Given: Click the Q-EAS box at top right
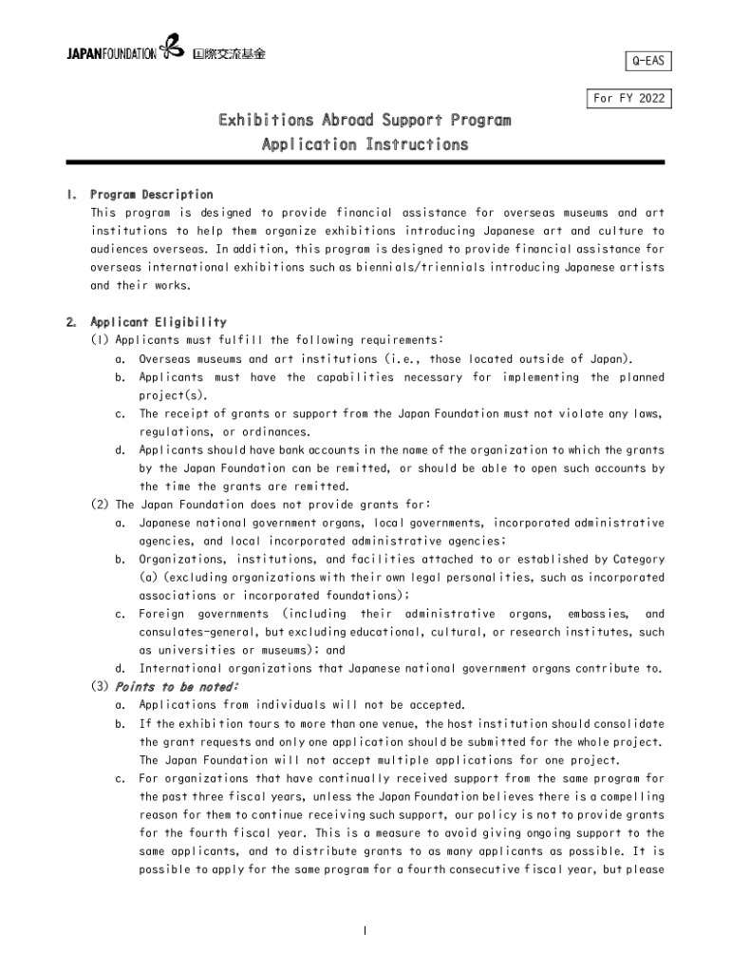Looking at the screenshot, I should [x=647, y=63].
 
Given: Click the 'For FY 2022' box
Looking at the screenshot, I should [x=628, y=99].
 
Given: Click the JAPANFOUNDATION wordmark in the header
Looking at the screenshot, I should [x=110, y=53].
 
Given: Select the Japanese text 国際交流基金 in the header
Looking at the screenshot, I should [x=229, y=53].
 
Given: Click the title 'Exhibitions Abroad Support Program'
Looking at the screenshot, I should [x=365, y=121].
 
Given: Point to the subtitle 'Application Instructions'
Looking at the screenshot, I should [x=365, y=145].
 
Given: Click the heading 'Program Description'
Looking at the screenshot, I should [x=152, y=195].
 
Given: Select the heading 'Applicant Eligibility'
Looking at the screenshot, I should [x=159, y=322].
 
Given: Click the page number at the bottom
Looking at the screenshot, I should [x=365, y=929].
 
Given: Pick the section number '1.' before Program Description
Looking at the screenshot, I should [x=71, y=195].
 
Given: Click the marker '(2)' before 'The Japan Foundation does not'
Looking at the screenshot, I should [x=100, y=505].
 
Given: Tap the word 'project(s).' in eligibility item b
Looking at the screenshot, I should [x=173, y=395].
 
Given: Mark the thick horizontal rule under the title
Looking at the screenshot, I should [x=365, y=162].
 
